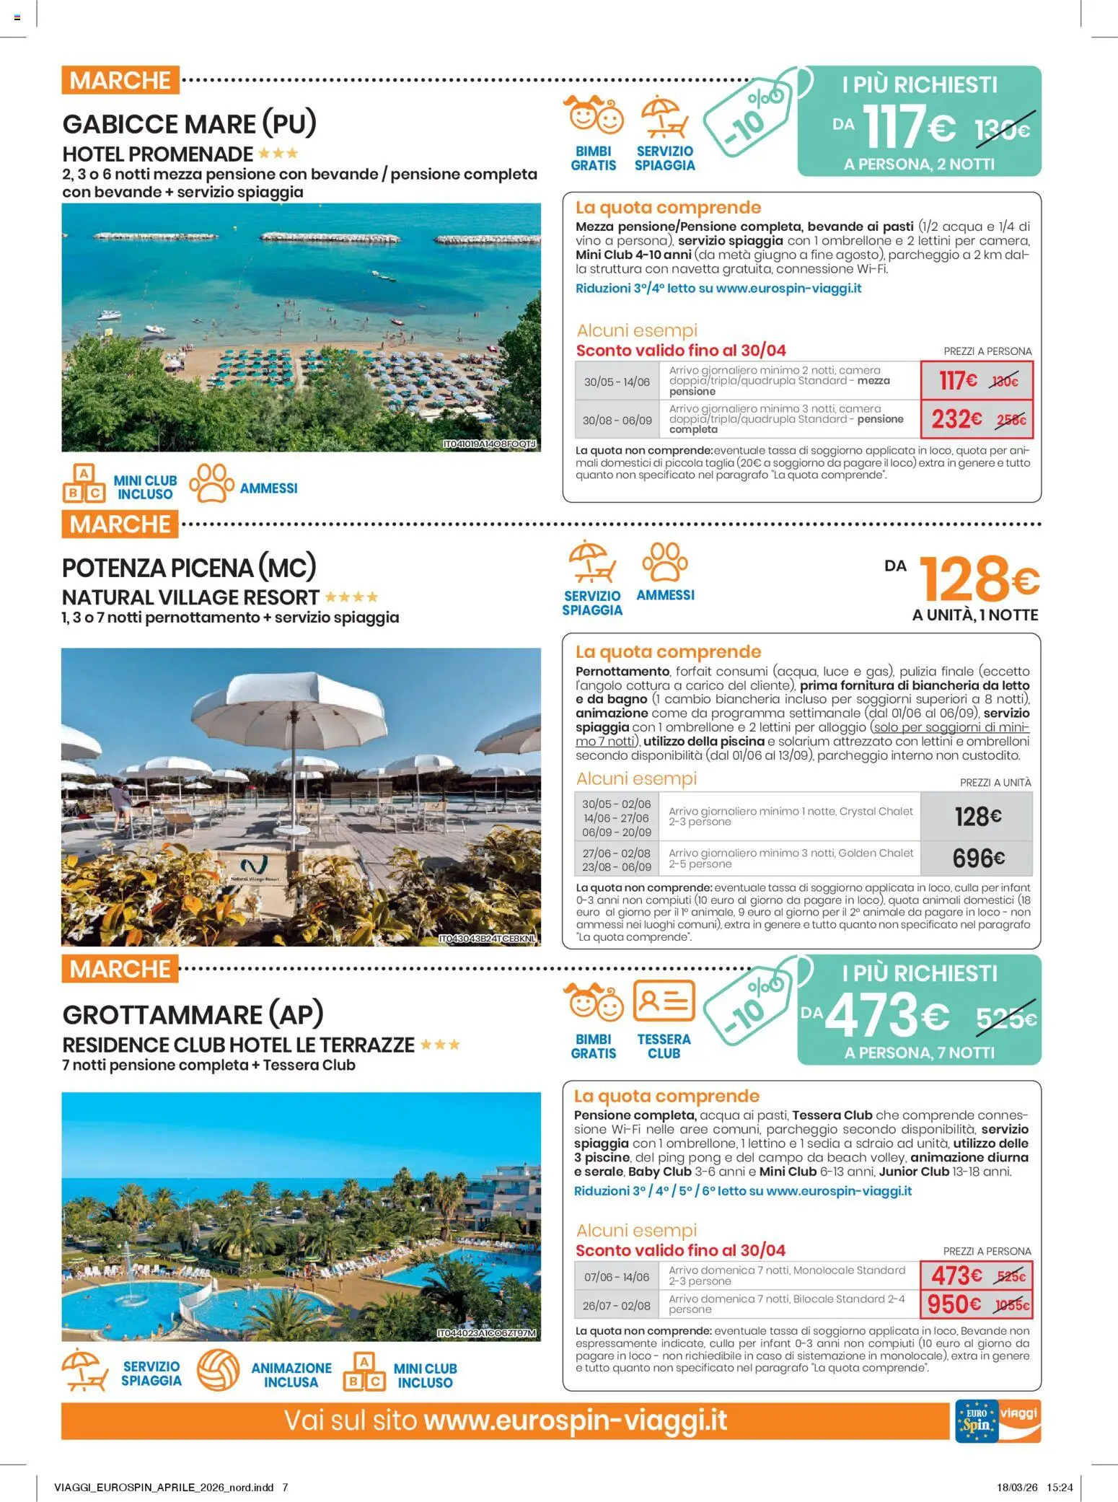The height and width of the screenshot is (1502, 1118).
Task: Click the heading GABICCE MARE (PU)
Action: point(190,124)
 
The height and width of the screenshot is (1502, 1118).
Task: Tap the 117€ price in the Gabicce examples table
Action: point(958,380)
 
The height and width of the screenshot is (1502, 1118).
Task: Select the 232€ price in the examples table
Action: point(956,419)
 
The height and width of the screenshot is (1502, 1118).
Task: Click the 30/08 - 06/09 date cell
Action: point(617,420)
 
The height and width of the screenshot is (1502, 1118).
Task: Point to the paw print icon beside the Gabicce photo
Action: point(211,483)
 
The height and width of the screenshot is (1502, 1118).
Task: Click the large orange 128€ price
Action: point(978,579)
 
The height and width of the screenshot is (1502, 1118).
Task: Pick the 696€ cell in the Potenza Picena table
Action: point(978,858)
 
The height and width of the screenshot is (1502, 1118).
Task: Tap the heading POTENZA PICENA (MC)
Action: point(189,568)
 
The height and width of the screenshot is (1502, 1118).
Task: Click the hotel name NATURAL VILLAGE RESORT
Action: point(190,597)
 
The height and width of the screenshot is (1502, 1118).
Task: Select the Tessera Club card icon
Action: point(664,1001)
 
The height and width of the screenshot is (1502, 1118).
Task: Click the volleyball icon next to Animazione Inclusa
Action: point(218,1370)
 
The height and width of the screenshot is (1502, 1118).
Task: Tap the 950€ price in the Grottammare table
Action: point(954,1304)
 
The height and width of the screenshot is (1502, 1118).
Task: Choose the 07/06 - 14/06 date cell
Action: point(617,1277)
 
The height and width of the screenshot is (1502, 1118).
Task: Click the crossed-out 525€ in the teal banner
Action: point(1005,1018)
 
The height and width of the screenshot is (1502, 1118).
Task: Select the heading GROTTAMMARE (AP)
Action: point(193,1014)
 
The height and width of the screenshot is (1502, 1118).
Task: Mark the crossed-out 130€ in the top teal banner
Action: point(1002,131)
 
